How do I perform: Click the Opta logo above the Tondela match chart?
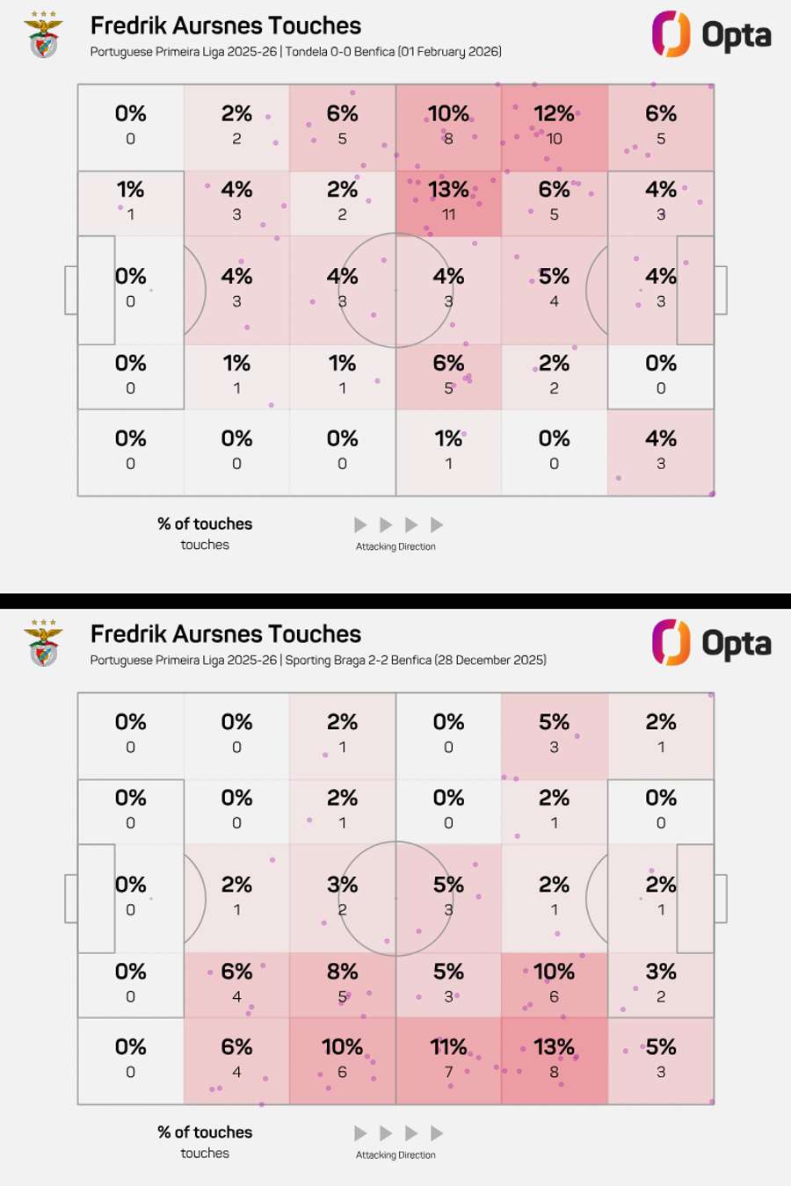(x=711, y=34)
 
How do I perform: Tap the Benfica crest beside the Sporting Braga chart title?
(x=43, y=644)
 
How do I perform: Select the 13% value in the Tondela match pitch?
(x=448, y=190)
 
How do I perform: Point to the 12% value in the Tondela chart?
(x=554, y=114)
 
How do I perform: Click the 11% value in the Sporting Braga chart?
(x=448, y=1047)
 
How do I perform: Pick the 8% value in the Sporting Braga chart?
(x=342, y=972)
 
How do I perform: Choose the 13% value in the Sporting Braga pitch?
(x=554, y=1047)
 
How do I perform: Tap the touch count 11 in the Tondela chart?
(x=448, y=214)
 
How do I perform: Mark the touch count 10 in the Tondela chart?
(x=554, y=139)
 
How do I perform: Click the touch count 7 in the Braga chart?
(x=448, y=1072)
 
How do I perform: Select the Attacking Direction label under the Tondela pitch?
(x=395, y=546)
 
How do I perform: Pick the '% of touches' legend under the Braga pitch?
(x=205, y=1132)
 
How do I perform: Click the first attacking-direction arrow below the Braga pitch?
(x=360, y=1133)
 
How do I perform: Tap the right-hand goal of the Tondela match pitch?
(x=721, y=290)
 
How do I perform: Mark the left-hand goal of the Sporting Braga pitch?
(x=71, y=899)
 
